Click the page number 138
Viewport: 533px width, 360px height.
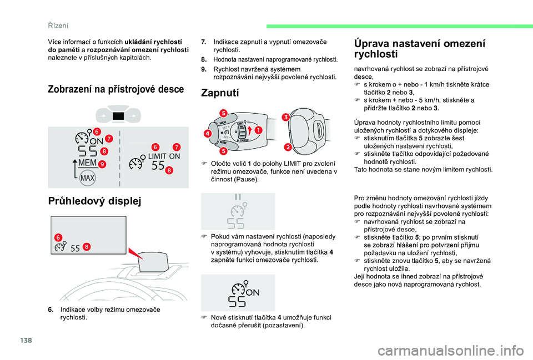pos(26,340)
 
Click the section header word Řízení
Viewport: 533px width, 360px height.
pos(58,26)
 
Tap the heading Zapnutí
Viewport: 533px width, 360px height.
pos(220,93)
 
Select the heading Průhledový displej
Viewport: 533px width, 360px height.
pos(94,201)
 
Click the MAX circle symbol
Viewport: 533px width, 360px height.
pos(87,178)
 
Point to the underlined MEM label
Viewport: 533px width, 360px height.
pos(87,163)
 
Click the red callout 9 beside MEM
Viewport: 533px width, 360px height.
pos(102,164)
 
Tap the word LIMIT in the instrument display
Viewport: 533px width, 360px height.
pos(157,156)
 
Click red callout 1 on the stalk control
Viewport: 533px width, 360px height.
pos(259,130)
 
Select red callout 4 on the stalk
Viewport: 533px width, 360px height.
pos(207,134)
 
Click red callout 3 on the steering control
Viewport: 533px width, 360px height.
pos(285,117)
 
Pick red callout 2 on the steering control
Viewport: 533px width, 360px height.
pos(288,146)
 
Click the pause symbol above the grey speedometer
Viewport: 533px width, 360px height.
pos(238,197)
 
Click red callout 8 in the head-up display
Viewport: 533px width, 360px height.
pos(87,247)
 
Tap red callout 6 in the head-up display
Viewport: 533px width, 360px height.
pos(58,237)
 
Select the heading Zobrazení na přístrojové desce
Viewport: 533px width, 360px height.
pos(116,89)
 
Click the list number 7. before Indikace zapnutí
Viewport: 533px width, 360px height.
pos(203,42)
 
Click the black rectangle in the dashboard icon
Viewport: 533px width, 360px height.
pos(118,116)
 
